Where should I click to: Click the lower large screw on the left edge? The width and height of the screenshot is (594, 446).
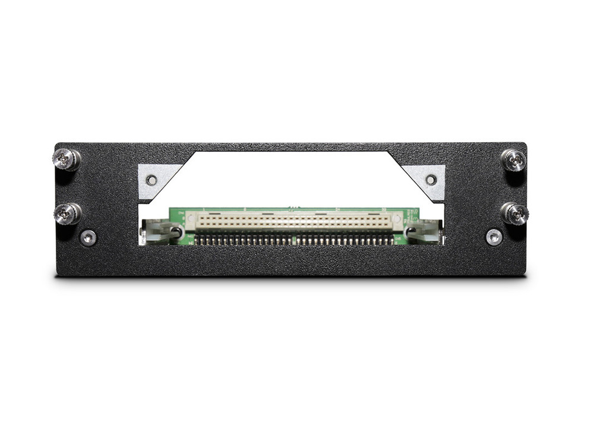[x=67, y=213]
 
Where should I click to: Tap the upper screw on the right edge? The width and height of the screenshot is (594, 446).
[x=514, y=159]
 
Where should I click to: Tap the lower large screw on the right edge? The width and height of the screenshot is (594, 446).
[x=514, y=213]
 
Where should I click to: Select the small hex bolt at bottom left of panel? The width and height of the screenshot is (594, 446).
[x=89, y=238]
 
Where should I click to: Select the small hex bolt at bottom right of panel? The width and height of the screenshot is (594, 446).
[x=494, y=237]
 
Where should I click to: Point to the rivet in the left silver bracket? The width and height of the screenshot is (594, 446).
[x=152, y=179]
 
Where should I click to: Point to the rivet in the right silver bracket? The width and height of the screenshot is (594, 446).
[x=431, y=178]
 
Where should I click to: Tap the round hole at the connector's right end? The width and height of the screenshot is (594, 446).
[x=397, y=220]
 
